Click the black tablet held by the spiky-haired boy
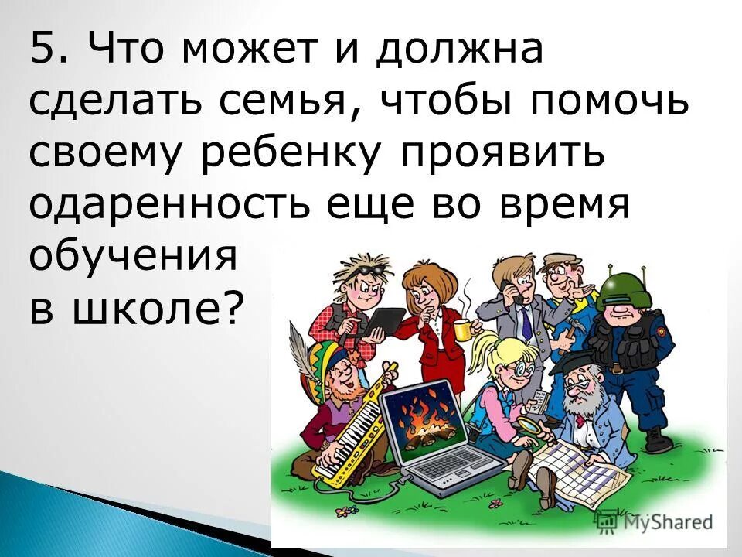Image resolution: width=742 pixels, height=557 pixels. pos(386,320)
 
